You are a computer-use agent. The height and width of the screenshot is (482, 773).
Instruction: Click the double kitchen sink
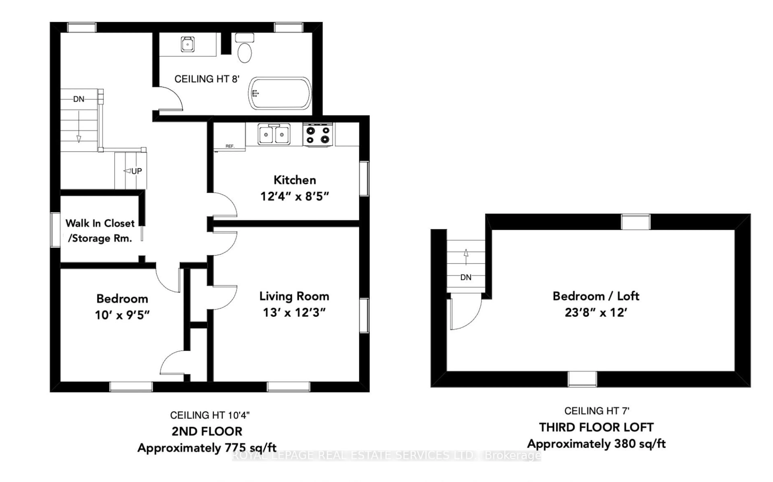[x=274, y=134]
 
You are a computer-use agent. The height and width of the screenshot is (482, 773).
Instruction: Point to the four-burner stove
[x=318, y=134]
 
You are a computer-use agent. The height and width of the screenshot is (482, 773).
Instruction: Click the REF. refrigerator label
[x=230, y=146]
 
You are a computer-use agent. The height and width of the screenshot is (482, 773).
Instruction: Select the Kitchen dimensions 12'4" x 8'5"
[x=295, y=196]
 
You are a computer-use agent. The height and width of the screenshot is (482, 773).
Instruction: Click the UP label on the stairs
[x=136, y=171]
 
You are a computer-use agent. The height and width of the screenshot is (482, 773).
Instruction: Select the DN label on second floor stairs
[x=79, y=99]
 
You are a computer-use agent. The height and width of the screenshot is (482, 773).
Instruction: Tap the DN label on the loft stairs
[x=466, y=277]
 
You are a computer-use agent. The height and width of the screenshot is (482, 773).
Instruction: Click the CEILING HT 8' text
[x=207, y=79]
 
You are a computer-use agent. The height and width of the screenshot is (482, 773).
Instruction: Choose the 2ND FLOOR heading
[x=207, y=431]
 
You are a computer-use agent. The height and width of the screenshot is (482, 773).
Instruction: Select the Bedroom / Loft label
[x=595, y=296]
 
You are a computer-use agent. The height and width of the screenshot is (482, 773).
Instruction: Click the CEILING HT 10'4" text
[x=210, y=415]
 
